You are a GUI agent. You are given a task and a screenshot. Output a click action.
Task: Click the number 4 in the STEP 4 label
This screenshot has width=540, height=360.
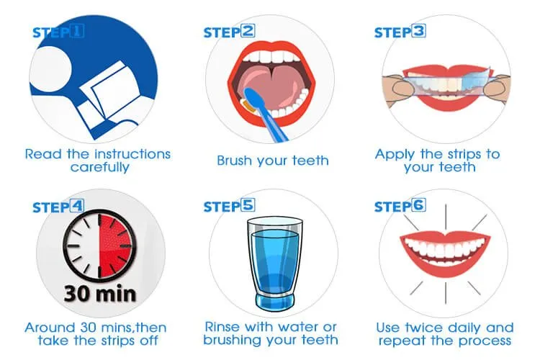pyautogui.click(x=77, y=207)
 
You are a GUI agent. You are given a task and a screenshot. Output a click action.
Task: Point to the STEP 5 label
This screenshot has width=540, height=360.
pyautogui.click(x=230, y=207)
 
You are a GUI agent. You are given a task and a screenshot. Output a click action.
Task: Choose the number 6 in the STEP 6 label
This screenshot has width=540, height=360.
pyautogui.click(x=418, y=207)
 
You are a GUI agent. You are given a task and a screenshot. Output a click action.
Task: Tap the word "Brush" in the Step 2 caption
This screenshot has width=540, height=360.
pyautogui.click(x=237, y=161)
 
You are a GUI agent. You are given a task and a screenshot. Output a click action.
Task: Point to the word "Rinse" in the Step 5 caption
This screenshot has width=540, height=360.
pyautogui.click(x=225, y=328)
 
